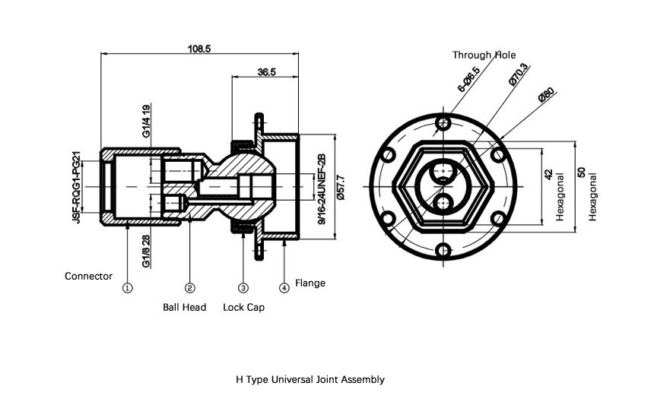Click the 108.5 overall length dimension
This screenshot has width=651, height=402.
198,49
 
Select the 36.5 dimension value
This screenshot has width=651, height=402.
266,71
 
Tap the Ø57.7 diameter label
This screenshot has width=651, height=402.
341,188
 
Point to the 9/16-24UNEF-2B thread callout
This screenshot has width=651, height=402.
322,189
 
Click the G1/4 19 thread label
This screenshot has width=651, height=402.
146,121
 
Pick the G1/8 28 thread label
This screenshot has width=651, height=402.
146,252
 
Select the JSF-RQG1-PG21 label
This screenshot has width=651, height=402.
77,187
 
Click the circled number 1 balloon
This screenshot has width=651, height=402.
128,287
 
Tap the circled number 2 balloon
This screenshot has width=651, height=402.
189,287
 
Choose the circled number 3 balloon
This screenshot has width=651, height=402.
243,287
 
